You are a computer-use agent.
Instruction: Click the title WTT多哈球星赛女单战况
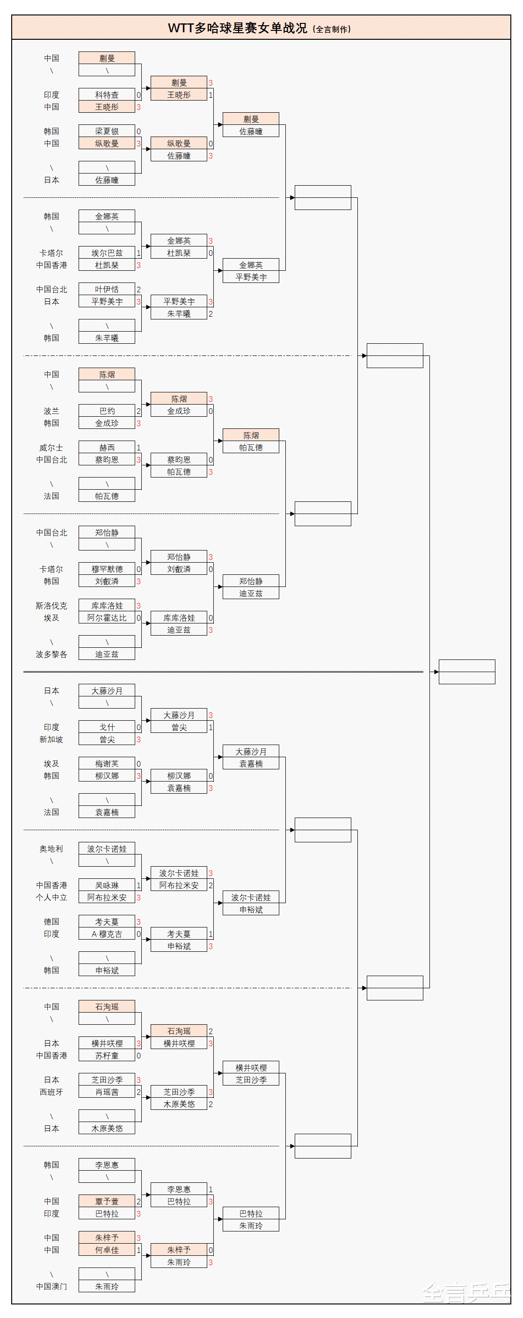[x=238, y=28]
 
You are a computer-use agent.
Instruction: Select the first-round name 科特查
[x=107, y=94]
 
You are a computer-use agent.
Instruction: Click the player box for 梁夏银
[x=107, y=131]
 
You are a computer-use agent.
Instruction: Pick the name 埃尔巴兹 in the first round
[x=107, y=253]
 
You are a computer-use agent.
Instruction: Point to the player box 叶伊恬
[x=107, y=289]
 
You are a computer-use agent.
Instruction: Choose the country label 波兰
[x=51, y=411]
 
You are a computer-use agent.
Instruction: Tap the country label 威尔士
[x=51, y=447]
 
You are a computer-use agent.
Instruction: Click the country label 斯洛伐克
[x=51, y=605]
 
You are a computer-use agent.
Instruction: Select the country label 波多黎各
[x=51, y=654]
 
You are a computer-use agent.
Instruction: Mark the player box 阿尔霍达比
[x=107, y=617]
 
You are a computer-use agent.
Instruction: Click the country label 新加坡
[x=51, y=739]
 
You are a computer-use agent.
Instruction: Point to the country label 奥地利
[x=51, y=848]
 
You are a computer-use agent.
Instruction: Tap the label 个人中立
[x=51, y=897]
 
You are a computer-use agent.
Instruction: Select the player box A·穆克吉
[x=107, y=934]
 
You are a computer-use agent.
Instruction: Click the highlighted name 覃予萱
[x=107, y=1201]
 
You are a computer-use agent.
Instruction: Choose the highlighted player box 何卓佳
[x=107, y=1249]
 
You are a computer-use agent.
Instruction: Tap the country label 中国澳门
[x=51, y=1286]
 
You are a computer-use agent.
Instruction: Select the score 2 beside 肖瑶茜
[x=138, y=1092]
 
